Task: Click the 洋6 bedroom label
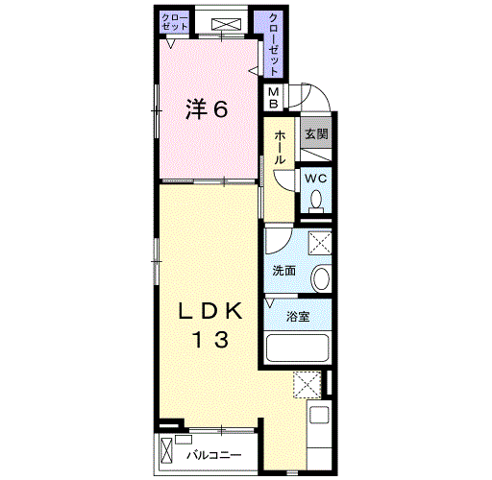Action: pyautogui.click(x=207, y=109)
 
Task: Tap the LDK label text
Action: pyautogui.click(x=210, y=311)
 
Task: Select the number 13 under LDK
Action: pyautogui.click(x=210, y=340)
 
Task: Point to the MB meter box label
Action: pyautogui.click(x=273, y=98)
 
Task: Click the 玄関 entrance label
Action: pyautogui.click(x=316, y=133)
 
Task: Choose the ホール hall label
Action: pyautogui.click(x=280, y=148)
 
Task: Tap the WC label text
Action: pyautogui.click(x=316, y=179)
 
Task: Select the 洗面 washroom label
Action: pyautogui.click(x=283, y=271)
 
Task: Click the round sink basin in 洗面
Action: pyautogui.click(x=321, y=278)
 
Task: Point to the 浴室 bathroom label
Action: pyautogui.click(x=298, y=317)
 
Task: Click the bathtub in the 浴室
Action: pyautogui.click(x=298, y=348)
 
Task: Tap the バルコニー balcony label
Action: pyautogui.click(x=214, y=455)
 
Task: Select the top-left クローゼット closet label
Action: pyautogui.click(x=175, y=21)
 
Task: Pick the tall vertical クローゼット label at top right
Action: pyautogui.click(x=273, y=45)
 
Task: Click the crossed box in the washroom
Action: pyautogui.click(x=320, y=243)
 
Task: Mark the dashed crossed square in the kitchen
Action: pyautogui.click(x=307, y=384)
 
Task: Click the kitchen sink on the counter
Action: pyautogui.click(x=319, y=415)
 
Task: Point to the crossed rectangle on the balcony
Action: pyautogui.click(x=166, y=450)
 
